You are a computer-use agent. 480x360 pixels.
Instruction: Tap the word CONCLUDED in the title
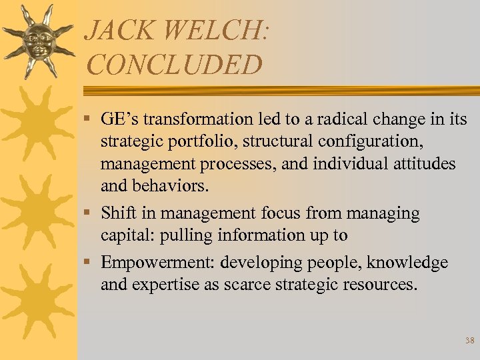[x=174, y=65]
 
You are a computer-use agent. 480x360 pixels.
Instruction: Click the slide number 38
[x=469, y=341]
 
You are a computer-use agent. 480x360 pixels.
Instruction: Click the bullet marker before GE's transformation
[x=90, y=120]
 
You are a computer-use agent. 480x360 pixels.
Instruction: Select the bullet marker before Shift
[x=90, y=213]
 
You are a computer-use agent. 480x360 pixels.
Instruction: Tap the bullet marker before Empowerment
[x=90, y=263]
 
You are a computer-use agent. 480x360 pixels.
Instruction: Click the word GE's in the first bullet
[x=119, y=119]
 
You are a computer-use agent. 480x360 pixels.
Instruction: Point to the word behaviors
[x=171, y=186]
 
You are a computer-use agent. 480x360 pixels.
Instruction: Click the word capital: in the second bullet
[x=127, y=235]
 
